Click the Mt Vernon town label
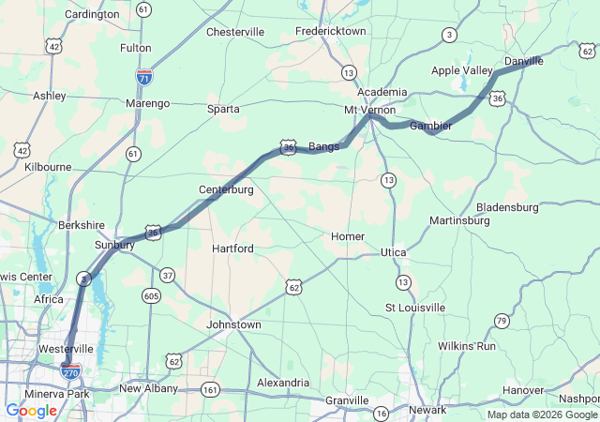tap(370, 110)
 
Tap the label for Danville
tap(523, 61)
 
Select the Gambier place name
tap(431, 126)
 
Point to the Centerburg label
tap(226, 190)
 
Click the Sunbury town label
tap(115, 245)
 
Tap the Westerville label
tap(66, 349)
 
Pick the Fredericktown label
tap(330, 31)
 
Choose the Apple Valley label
tap(461, 70)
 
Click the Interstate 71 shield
tap(144, 76)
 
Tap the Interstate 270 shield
tap(70, 370)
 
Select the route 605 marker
tap(151, 296)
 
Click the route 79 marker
tap(502, 322)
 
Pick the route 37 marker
tap(167, 275)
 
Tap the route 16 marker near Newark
tap(381, 413)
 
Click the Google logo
tap(31, 411)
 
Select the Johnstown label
tap(233, 324)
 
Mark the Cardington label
tap(92, 14)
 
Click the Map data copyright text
tap(542, 414)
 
